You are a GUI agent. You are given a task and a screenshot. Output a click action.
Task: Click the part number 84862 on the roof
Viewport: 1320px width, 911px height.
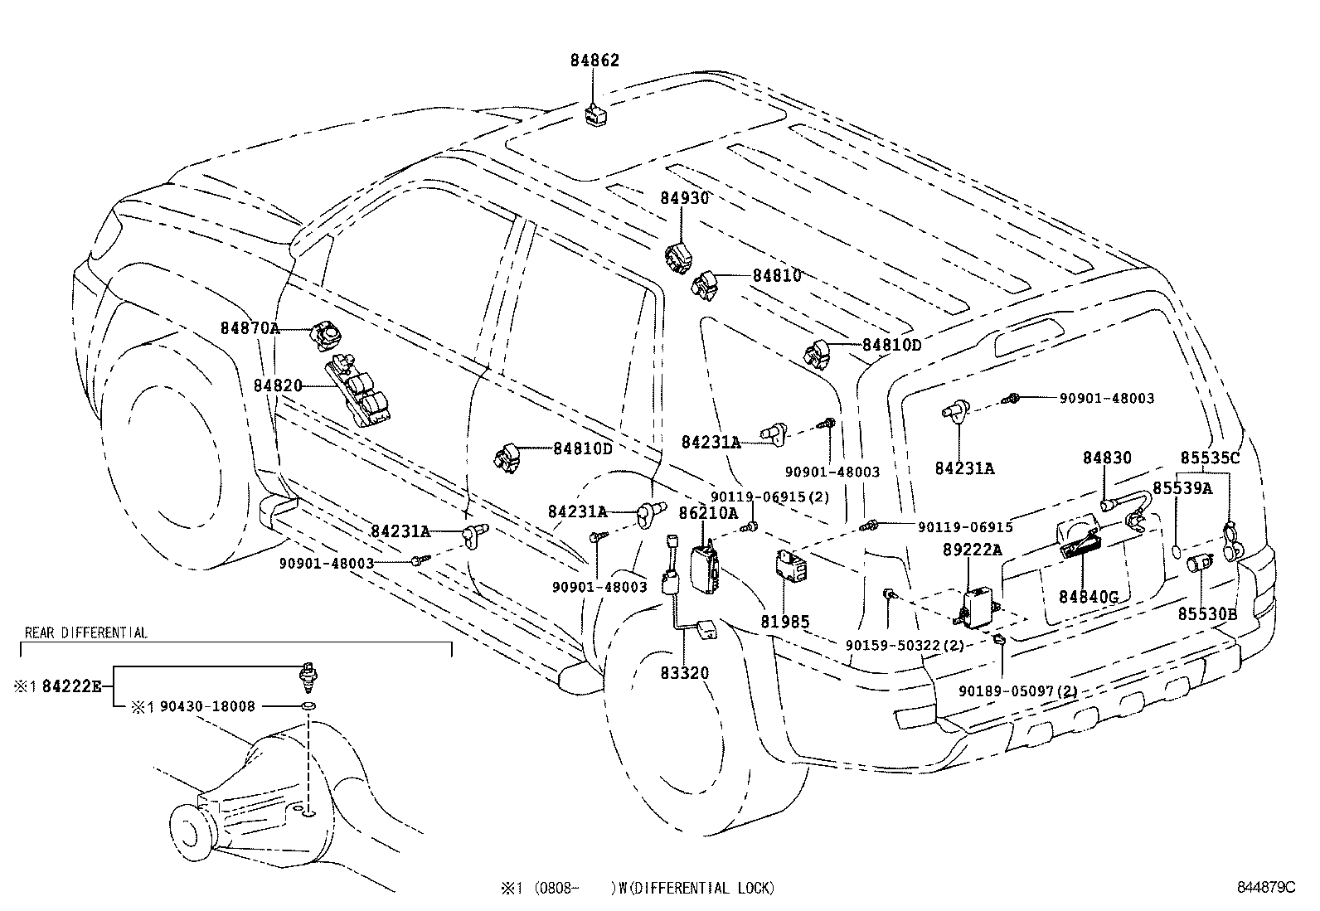click(594, 61)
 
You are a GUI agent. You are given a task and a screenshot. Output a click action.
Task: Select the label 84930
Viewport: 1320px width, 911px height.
click(685, 198)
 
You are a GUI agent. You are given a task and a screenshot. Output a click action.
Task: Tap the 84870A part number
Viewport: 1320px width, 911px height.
click(249, 328)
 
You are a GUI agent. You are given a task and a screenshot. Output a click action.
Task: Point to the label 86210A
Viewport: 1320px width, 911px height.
click(708, 513)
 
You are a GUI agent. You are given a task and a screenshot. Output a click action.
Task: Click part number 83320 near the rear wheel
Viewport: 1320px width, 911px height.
click(684, 672)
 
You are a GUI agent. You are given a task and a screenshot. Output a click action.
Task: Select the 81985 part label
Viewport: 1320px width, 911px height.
click(784, 621)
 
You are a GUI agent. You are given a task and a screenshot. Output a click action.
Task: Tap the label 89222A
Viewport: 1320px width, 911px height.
click(972, 550)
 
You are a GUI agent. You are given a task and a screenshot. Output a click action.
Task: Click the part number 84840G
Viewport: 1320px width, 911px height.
click(1089, 597)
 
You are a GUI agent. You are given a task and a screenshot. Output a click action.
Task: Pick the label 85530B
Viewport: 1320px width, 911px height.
click(1208, 613)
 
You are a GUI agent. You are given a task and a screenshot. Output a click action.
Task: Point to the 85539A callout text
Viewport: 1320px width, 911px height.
click(1182, 488)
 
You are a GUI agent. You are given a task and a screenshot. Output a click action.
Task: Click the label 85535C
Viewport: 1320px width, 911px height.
click(1210, 458)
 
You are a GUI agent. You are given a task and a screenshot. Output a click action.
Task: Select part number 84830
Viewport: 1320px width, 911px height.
click(1107, 458)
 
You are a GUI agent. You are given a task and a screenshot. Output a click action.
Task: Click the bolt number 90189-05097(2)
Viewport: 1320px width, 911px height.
click(1018, 691)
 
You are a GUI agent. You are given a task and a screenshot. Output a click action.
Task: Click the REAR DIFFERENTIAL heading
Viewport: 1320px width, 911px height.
click(86, 633)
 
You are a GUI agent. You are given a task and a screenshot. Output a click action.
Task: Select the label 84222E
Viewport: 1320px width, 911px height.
click(72, 686)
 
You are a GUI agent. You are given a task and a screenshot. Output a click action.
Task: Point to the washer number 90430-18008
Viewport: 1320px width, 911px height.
click(207, 706)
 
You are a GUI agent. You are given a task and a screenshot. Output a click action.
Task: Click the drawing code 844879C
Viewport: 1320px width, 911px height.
click(1265, 887)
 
